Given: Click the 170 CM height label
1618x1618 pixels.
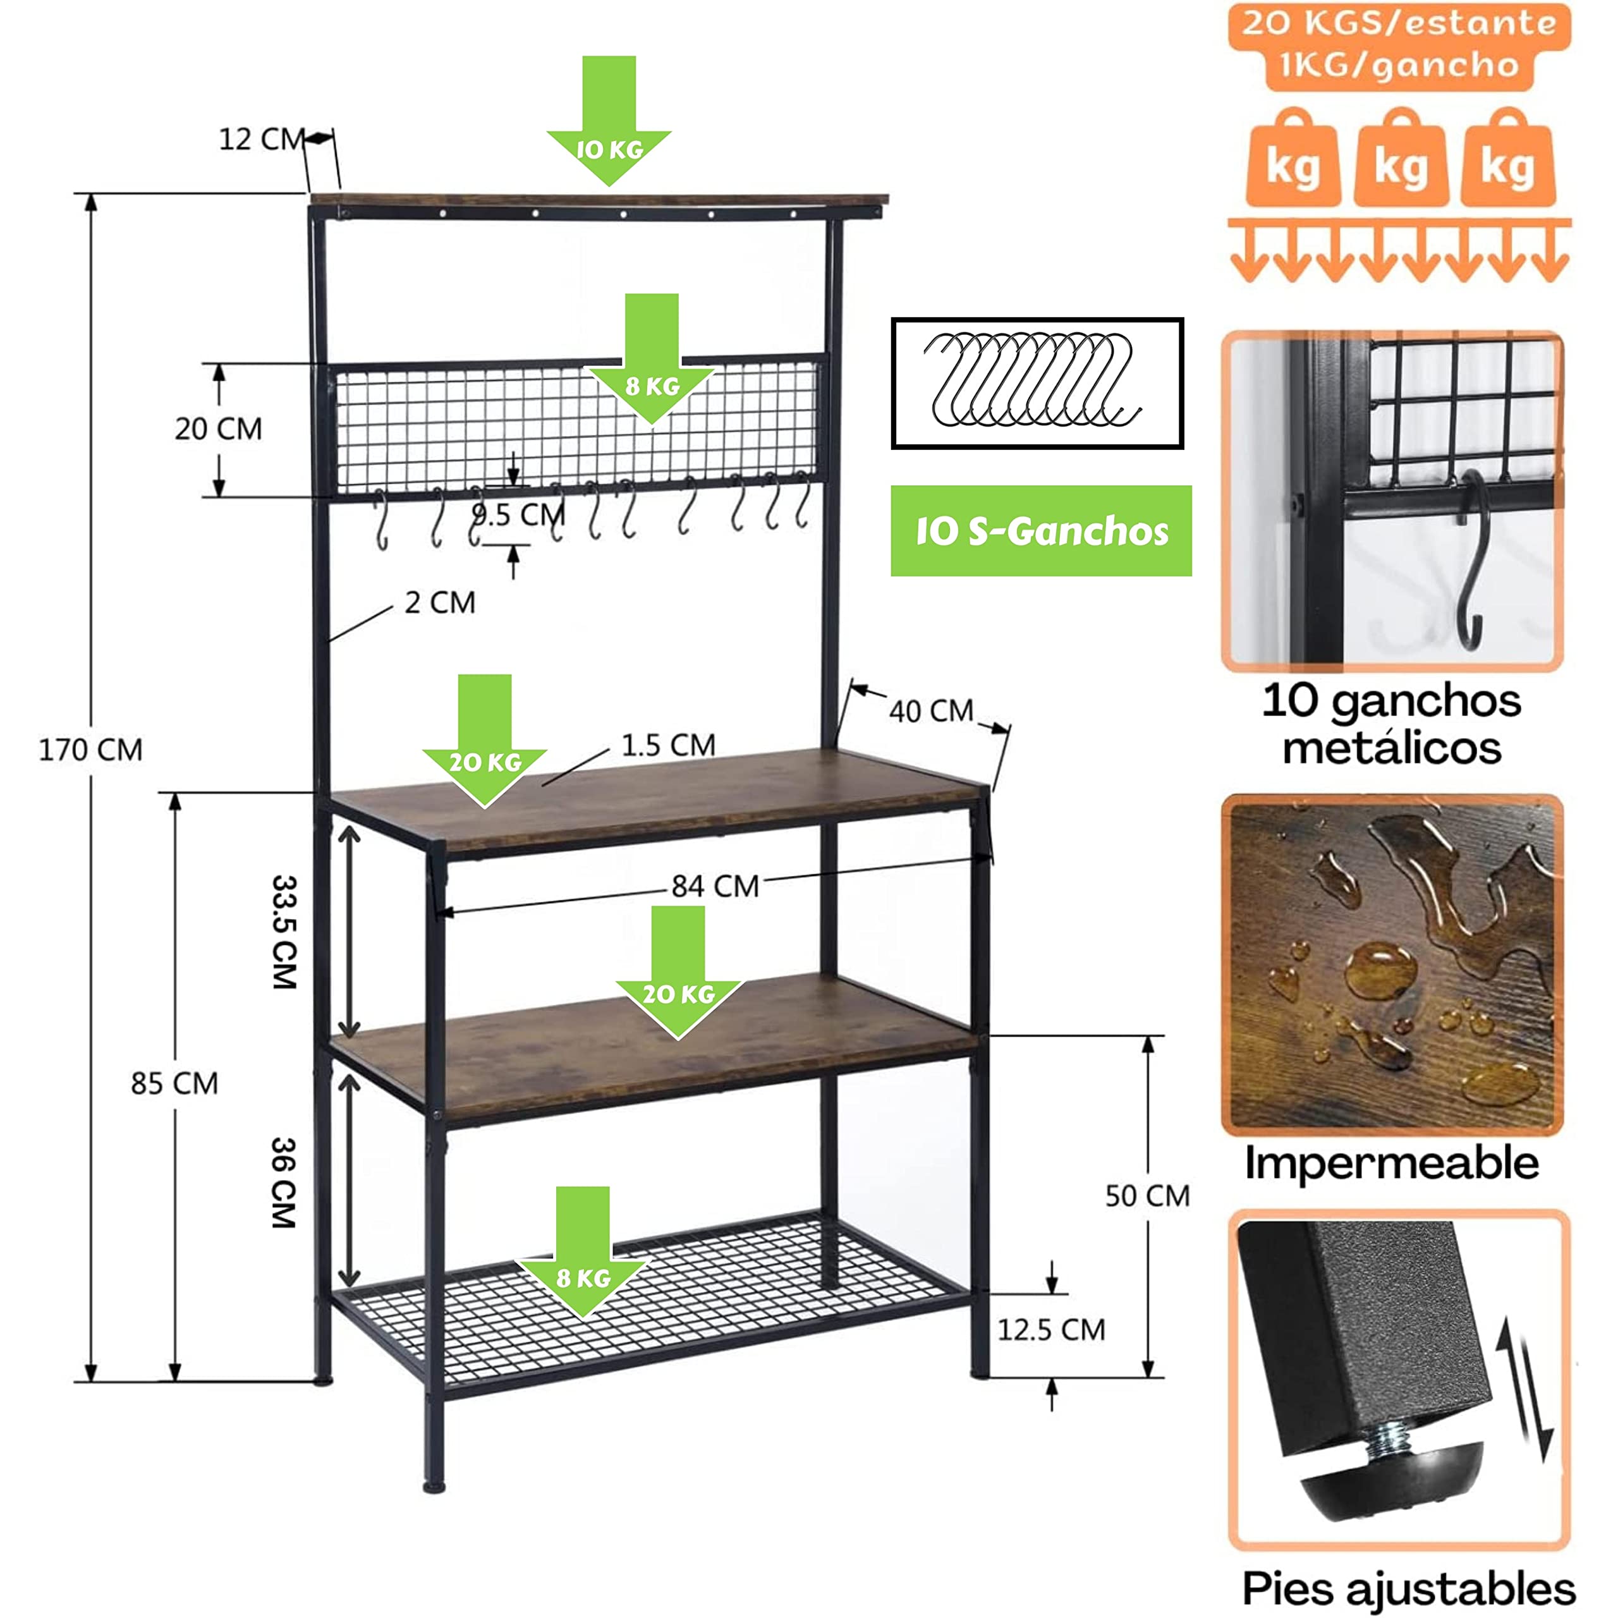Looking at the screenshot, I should point(90,750).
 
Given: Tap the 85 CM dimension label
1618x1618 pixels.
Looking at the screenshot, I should point(174,1083).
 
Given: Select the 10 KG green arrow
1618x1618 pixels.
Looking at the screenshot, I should point(609,126).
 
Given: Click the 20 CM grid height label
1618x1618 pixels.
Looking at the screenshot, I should point(219,429).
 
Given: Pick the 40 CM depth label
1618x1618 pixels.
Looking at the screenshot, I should point(931,711).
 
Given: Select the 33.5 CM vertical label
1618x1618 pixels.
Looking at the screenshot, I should point(285,932).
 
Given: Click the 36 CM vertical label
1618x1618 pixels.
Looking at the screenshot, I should point(285,1183).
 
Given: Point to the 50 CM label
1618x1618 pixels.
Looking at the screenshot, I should point(1147,1196).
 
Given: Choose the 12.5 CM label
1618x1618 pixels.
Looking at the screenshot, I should point(1051,1330).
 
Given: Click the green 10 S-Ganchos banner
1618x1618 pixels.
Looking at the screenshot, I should point(1041,531).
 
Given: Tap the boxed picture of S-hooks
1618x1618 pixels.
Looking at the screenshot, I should point(1037,384).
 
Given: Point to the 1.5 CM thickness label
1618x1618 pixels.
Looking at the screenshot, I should point(668,745).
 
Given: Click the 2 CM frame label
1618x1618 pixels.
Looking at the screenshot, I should point(440,602).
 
